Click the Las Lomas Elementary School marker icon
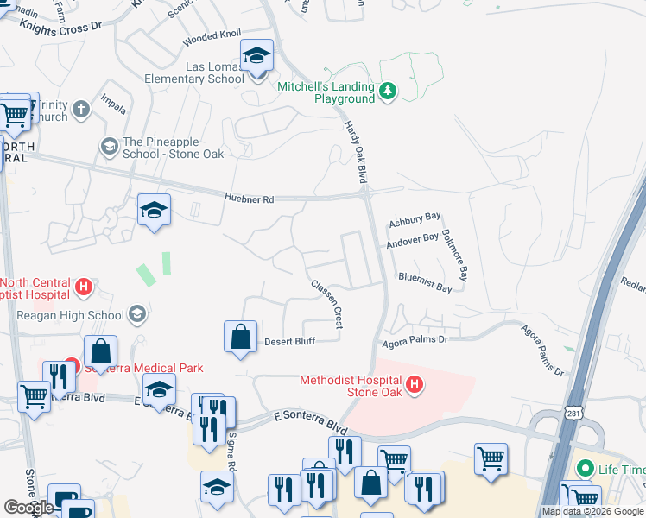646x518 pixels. [x=256, y=57]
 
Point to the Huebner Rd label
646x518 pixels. [x=249, y=199]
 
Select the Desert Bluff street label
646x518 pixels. [x=288, y=341]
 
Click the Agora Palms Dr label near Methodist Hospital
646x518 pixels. [x=416, y=340]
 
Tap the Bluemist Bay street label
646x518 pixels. [x=425, y=282]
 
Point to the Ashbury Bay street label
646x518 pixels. [x=415, y=219]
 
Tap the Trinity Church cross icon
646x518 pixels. [x=81, y=110]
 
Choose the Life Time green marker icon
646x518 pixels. [x=586, y=470]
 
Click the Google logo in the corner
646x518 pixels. [x=28, y=507]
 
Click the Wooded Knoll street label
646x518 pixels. [x=212, y=37]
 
